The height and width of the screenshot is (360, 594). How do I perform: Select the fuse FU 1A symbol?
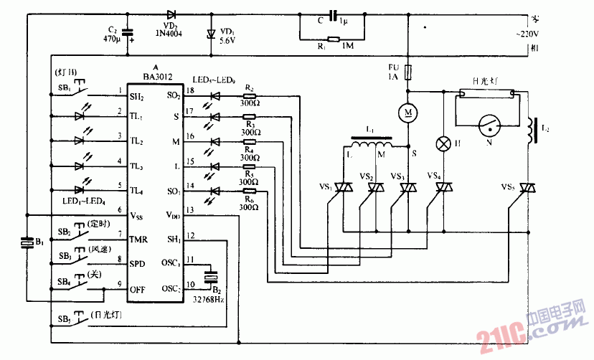point(407,72)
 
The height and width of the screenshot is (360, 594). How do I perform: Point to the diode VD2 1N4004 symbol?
point(171,14)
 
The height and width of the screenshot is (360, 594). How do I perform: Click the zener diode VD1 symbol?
point(210,33)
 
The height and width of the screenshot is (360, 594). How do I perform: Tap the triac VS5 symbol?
point(529,189)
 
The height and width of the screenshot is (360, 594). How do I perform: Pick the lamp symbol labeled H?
point(443,143)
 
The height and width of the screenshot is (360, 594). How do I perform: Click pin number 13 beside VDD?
point(189,210)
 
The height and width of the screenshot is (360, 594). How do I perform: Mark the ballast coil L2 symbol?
point(532,129)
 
